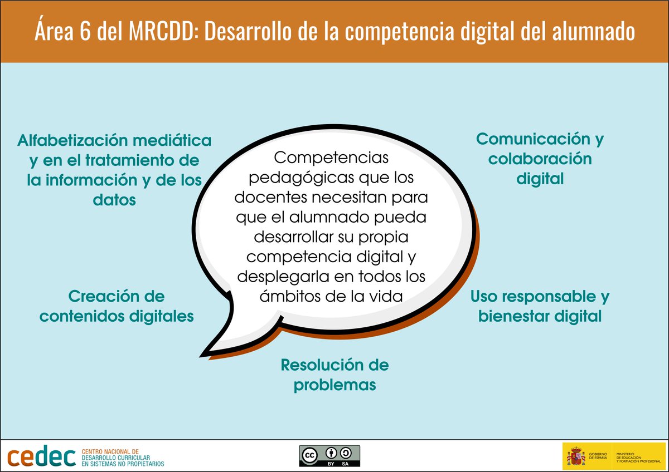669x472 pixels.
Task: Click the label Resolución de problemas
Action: (x=334, y=375)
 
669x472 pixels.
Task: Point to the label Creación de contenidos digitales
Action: (x=117, y=306)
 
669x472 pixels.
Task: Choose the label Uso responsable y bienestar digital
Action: (x=540, y=306)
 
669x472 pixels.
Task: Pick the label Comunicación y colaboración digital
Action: (x=540, y=159)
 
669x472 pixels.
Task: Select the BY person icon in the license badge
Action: (x=331, y=453)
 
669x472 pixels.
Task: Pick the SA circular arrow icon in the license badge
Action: (x=346, y=453)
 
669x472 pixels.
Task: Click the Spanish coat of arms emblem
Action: (x=576, y=456)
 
